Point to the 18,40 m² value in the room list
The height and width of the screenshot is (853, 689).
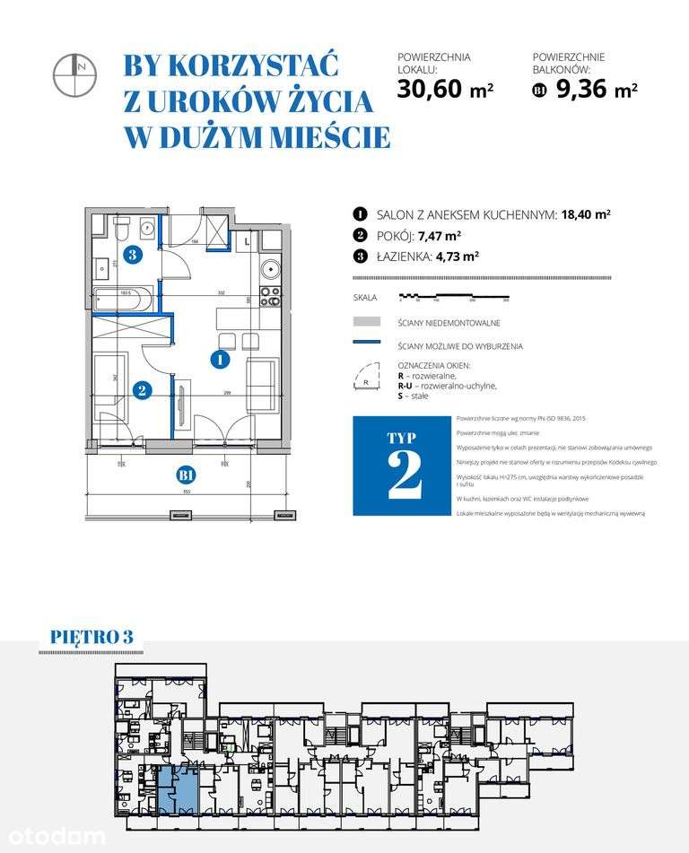pos(586,214)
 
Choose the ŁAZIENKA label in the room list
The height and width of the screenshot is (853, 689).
pos(408,255)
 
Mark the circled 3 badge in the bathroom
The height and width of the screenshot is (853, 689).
pos(132,255)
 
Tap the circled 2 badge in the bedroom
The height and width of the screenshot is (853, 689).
pos(140,389)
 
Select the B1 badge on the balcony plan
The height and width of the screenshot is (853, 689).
pos(187,474)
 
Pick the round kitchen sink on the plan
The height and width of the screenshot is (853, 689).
pos(269,269)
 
